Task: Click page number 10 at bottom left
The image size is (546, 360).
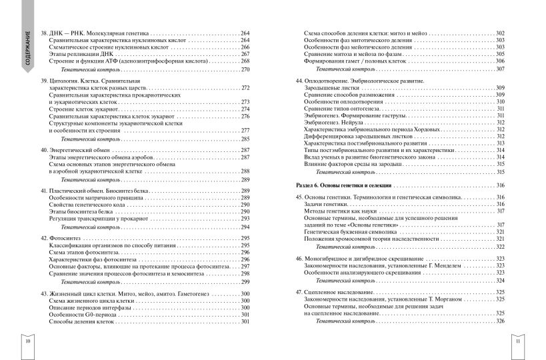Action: (27, 341)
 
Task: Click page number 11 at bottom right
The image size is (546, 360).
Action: (518, 341)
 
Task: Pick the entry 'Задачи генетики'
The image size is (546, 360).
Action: (325, 205)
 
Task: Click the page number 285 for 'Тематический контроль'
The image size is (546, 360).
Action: (245, 139)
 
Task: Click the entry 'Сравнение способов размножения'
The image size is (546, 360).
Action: (351, 95)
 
